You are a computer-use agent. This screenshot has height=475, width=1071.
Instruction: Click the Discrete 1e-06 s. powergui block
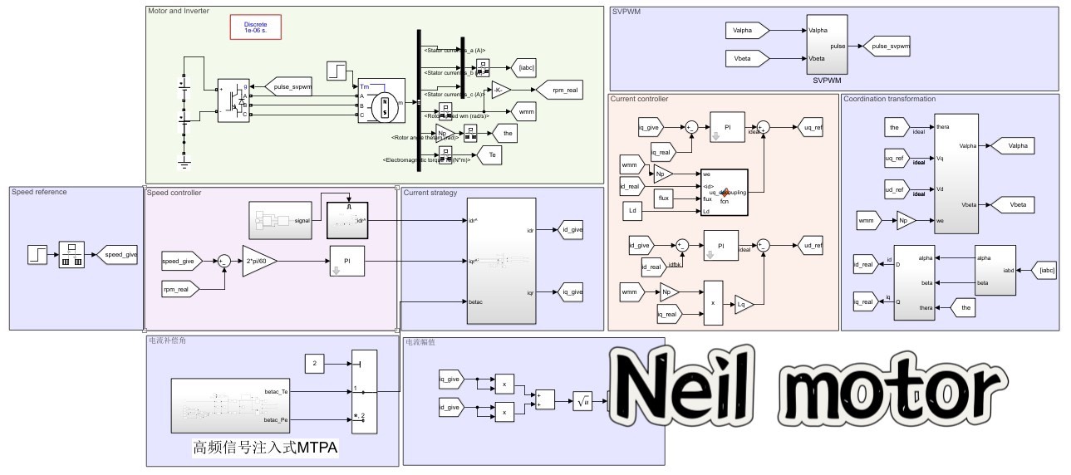255,27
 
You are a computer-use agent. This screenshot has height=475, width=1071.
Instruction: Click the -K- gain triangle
501,90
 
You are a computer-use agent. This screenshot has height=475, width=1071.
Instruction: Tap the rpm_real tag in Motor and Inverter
559,90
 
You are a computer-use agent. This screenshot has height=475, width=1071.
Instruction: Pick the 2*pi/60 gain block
260,261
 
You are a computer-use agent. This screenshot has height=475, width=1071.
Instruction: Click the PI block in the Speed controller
347,261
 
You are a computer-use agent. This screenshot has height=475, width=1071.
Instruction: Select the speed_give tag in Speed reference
116,255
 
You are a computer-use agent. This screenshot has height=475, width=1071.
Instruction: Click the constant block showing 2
314,364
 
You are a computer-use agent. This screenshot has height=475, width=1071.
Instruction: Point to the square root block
583,401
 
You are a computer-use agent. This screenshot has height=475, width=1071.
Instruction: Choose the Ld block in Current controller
632,211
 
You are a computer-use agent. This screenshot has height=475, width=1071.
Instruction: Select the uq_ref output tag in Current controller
811,127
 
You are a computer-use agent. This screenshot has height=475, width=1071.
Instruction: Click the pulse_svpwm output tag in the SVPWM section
890,47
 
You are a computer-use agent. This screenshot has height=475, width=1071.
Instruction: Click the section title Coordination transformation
889,100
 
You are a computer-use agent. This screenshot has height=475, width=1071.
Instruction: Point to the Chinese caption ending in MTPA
265,448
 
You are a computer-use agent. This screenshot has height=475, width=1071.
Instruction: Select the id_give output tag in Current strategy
572,230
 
